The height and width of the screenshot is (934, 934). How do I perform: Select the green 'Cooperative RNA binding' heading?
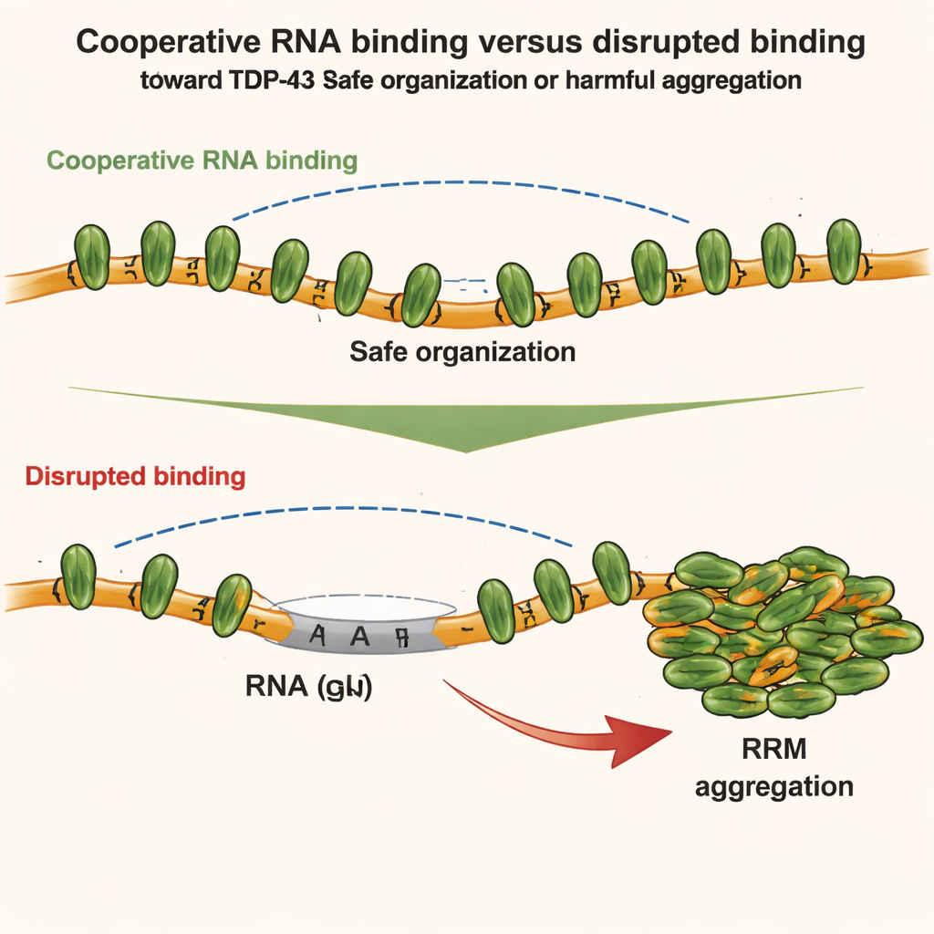(x=202, y=161)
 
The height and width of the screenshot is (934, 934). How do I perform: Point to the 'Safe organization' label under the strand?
(x=463, y=351)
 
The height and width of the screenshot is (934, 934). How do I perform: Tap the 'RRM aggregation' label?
(x=773, y=767)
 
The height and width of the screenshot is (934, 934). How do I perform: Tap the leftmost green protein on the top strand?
(x=91, y=258)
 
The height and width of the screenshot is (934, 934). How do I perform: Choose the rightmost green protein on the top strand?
(x=844, y=251)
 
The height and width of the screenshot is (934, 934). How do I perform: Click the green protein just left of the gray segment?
(x=232, y=604)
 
